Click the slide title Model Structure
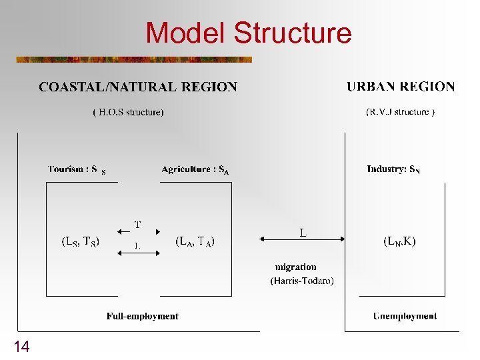(x=248, y=33)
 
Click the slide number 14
(x=21, y=346)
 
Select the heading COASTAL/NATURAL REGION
(x=138, y=87)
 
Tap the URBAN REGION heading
(x=401, y=87)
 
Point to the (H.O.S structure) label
(x=128, y=112)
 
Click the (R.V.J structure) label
(x=401, y=111)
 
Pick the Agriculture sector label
(x=195, y=170)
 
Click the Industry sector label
(x=393, y=169)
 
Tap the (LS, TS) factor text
(x=81, y=242)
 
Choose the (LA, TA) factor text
(x=195, y=242)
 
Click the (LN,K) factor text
(x=399, y=242)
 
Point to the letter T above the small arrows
(x=138, y=224)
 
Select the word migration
(x=296, y=267)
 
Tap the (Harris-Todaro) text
(x=302, y=281)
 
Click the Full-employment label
(x=142, y=316)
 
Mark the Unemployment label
(x=405, y=316)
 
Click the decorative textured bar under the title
(x=134, y=59)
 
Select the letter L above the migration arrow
(x=303, y=231)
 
